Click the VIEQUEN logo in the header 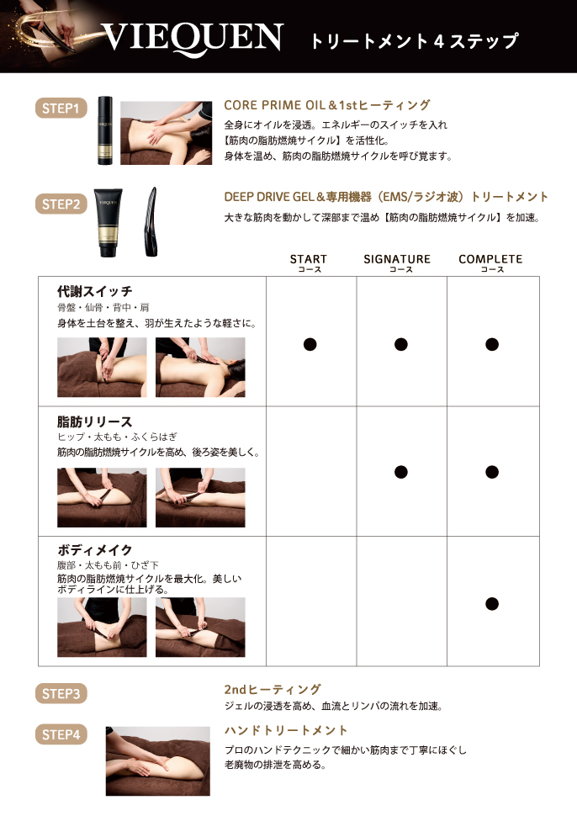193,38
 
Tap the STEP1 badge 61,109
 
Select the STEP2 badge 61,204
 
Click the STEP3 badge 61,694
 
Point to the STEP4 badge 61,734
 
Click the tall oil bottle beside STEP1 105,130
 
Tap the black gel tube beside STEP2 109,223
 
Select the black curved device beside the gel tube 151,222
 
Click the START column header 309,262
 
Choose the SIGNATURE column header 397,262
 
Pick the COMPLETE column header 490,262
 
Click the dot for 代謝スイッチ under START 310,345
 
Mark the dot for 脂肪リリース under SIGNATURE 401,472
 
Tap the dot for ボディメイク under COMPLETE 492,604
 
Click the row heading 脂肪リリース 95,421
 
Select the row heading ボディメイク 95,550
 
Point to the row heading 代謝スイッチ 95,291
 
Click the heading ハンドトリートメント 286,730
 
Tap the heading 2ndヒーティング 273,690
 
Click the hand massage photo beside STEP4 157,760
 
